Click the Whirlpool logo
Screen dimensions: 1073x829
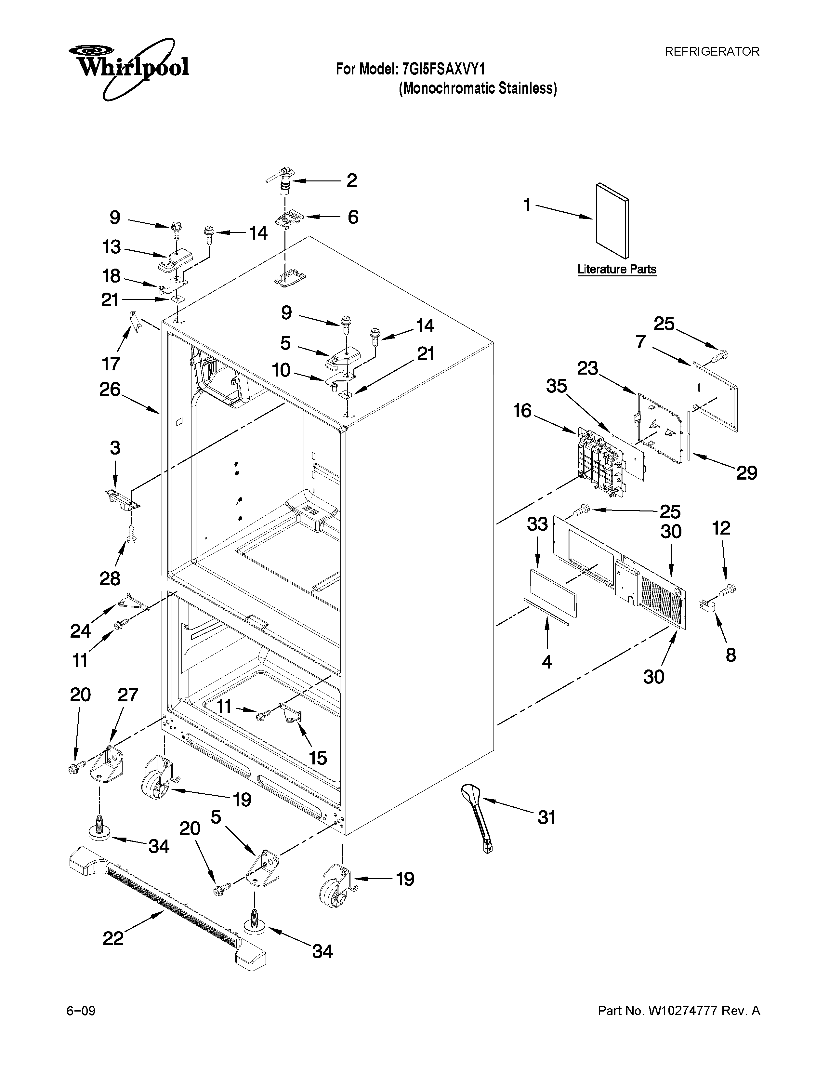129,67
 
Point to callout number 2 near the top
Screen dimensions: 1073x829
352,181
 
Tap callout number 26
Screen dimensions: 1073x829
110,390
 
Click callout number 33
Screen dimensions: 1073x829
537,524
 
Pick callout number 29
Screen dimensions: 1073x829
746,473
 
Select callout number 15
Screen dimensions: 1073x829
318,758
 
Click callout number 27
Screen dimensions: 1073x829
128,695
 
